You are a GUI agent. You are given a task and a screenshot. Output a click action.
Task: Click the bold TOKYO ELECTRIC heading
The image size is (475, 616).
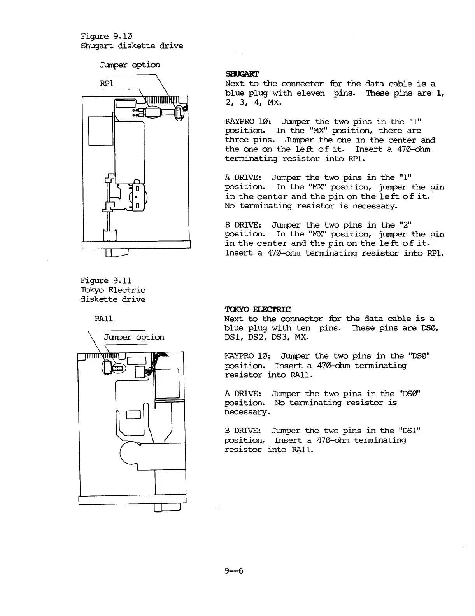258,310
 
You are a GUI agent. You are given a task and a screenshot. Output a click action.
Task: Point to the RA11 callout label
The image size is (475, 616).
104,319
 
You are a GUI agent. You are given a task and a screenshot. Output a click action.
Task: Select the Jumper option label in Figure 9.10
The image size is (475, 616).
130,65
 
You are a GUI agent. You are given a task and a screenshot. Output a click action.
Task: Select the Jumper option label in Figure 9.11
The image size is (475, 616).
134,337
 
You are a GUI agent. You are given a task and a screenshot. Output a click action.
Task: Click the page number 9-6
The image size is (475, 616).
234,571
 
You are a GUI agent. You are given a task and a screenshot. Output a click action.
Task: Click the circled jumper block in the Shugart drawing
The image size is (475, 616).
179,113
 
